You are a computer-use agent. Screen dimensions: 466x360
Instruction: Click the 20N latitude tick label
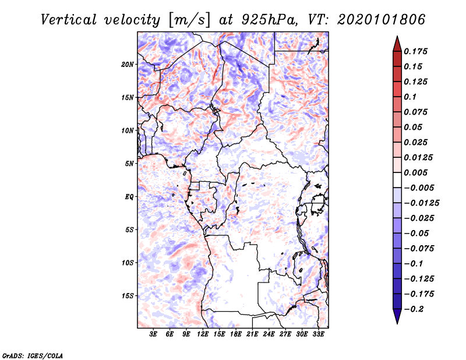click(128, 65)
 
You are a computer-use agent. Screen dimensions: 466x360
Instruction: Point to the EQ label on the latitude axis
click(129, 197)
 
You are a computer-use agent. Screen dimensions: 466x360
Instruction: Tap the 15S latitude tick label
click(128, 296)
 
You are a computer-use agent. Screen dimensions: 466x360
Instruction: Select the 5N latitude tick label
click(129, 164)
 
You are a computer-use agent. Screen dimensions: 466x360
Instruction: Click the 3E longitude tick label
click(153, 334)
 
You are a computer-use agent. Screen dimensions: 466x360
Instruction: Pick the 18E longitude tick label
click(236, 334)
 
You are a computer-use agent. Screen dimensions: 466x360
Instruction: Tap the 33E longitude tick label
click(318, 334)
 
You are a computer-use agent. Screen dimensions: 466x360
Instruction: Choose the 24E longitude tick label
click(269, 334)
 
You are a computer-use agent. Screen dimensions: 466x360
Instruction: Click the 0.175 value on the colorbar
click(415, 51)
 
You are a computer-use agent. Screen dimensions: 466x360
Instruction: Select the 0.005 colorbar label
click(415, 172)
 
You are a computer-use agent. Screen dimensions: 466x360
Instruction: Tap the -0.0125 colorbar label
click(421, 203)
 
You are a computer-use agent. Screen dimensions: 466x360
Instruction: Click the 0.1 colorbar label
click(410, 97)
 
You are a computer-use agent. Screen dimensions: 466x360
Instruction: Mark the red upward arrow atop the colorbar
click(397, 44)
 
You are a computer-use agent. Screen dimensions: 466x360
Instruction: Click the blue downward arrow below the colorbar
click(397, 316)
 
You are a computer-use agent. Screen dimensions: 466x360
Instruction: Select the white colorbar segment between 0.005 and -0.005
click(397, 180)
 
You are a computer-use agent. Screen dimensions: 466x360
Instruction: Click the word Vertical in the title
click(69, 20)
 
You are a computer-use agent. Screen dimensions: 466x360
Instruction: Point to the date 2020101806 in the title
click(381, 20)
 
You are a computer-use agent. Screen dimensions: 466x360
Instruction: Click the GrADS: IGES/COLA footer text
click(33, 355)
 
